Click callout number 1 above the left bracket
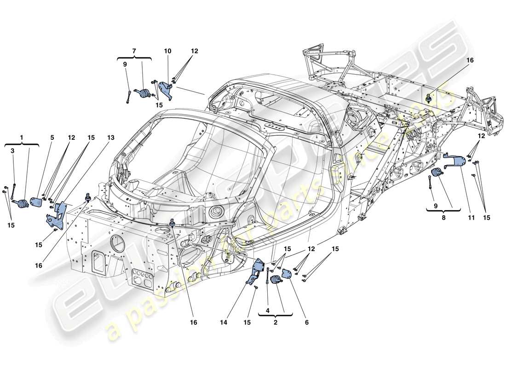pos(21,137)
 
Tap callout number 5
pos(52,137)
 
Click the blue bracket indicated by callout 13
pos(56,213)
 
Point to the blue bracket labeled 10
pos(170,88)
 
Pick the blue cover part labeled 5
pos(36,202)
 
